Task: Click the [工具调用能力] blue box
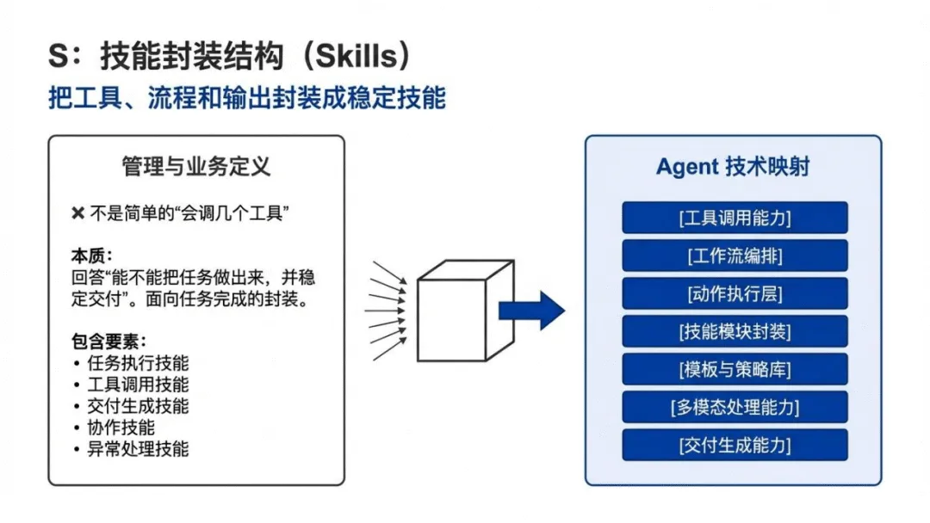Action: click(735, 218)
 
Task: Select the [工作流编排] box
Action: click(735, 255)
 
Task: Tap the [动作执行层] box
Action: click(735, 293)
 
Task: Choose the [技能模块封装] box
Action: click(735, 331)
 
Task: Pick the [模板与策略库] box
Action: click(735, 369)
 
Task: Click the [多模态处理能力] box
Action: click(735, 407)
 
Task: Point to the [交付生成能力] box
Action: click(735, 445)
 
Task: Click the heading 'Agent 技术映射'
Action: click(733, 167)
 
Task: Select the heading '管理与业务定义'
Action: click(196, 166)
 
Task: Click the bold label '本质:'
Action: click(92, 257)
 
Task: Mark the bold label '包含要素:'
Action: click(108, 341)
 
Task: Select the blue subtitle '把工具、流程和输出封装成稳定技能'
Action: click(247, 97)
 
